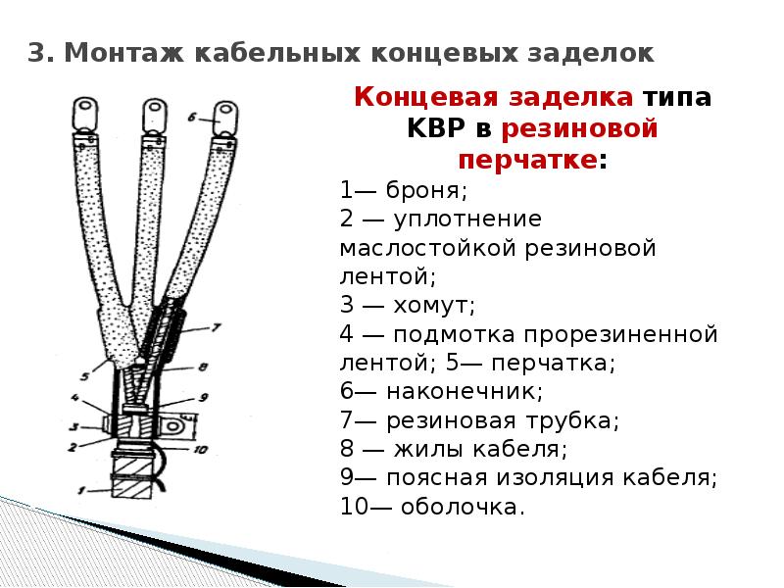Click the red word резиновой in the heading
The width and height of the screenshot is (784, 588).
[579, 128]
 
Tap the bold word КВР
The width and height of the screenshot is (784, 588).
[436, 128]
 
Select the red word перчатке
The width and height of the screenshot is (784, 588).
[528, 161]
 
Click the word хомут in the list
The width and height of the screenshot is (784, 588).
[431, 305]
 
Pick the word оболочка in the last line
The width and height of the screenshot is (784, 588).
[460, 507]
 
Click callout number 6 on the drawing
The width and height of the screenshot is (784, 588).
[192, 118]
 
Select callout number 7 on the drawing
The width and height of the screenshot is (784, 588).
[216, 328]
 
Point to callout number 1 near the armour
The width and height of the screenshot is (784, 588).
[82, 491]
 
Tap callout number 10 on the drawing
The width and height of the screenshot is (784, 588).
[200, 450]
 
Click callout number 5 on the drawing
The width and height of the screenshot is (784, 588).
[85, 376]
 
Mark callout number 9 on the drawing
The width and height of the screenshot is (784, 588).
[204, 398]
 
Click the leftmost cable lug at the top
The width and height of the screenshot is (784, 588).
[85, 115]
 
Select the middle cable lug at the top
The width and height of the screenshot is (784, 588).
[155, 117]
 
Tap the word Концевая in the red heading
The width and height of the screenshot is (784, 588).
[427, 96]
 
